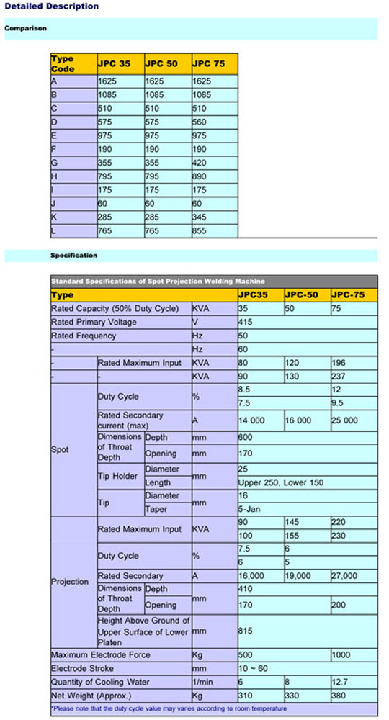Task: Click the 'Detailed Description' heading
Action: click(x=50, y=6)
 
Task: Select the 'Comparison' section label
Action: click(x=26, y=28)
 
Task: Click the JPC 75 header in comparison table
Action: click(x=208, y=63)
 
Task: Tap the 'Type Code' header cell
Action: click(x=63, y=63)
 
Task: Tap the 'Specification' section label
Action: click(x=73, y=256)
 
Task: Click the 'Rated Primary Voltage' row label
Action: click(x=94, y=322)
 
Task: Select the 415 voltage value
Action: click(x=245, y=322)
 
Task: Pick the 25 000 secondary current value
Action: click(x=344, y=420)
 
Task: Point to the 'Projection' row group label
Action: click(x=70, y=582)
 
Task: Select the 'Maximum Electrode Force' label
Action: click(x=100, y=655)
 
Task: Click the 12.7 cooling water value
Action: click(x=339, y=683)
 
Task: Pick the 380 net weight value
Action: click(x=339, y=696)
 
